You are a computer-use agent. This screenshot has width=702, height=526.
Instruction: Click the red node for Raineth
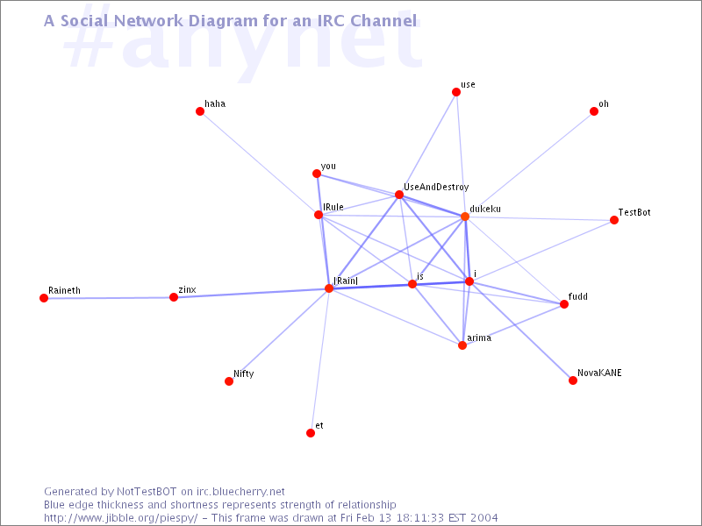(x=44, y=298)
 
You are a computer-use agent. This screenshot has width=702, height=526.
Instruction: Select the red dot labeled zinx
(x=174, y=297)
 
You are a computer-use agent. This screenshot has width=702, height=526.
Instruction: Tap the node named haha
(x=200, y=111)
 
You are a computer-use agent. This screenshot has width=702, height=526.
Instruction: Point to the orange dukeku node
(x=465, y=217)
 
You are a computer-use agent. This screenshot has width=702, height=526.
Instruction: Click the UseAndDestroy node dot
(x=399, y=195)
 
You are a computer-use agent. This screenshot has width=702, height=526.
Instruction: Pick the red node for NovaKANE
(x=573, y=380)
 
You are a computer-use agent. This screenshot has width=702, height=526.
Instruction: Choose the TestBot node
(x=614, y=220)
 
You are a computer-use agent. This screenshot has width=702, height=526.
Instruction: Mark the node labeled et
(x=311, y=433)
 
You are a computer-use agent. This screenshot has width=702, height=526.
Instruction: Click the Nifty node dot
(x=229, y=381)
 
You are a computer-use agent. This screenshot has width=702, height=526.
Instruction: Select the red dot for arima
(x=462, y=345)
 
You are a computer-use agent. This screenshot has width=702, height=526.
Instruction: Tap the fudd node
(x=564, y=304)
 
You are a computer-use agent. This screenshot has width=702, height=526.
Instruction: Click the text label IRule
(x=333, y=207)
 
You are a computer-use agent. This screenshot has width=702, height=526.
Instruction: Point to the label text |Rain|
(x=346, y=281)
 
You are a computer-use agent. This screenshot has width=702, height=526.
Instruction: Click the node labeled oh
(x=594, y=111)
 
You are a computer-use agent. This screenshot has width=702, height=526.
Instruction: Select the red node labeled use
(x=456, y=92)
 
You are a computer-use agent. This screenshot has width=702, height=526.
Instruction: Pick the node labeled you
(x=317, y=174)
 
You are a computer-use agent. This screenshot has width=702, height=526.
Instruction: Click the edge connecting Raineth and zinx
(x=109, y=297)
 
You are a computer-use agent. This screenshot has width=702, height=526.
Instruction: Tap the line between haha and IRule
(x=259, y=163)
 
